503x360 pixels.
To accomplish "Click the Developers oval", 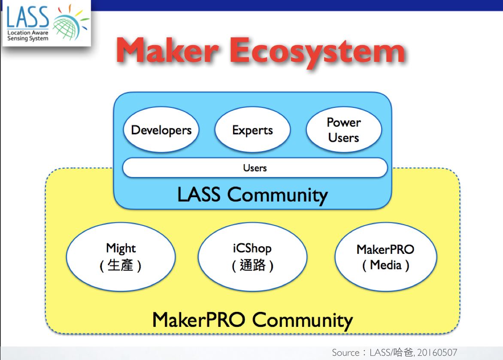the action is pos(161,129).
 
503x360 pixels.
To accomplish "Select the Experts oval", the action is pos(252,129).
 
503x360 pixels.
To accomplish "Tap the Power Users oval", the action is pos(344,129).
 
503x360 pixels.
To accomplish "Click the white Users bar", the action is pos(255,168).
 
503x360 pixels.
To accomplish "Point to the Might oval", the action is pos(121,256).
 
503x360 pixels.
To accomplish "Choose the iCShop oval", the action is pos(252,256).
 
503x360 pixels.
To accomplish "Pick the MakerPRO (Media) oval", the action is pos(385,256).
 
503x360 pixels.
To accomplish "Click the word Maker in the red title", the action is pos(167,50).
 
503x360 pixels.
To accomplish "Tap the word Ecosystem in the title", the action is pos(318,52).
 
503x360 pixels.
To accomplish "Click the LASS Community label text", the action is pos(252,195).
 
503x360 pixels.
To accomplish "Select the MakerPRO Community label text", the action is pos(252,320).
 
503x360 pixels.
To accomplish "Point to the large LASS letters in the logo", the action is pos(28,17).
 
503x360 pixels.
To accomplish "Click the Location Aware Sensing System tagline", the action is pos(28,35).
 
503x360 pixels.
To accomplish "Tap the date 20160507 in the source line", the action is pos(437,353).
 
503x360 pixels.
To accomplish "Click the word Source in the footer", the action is pos(345,353).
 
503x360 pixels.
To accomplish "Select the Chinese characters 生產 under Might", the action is pos(120,265).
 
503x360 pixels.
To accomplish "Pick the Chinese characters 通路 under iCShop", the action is pos(252,265).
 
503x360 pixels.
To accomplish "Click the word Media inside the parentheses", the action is pos(385,265).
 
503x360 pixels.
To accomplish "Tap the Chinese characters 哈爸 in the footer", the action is pos(403,352).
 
